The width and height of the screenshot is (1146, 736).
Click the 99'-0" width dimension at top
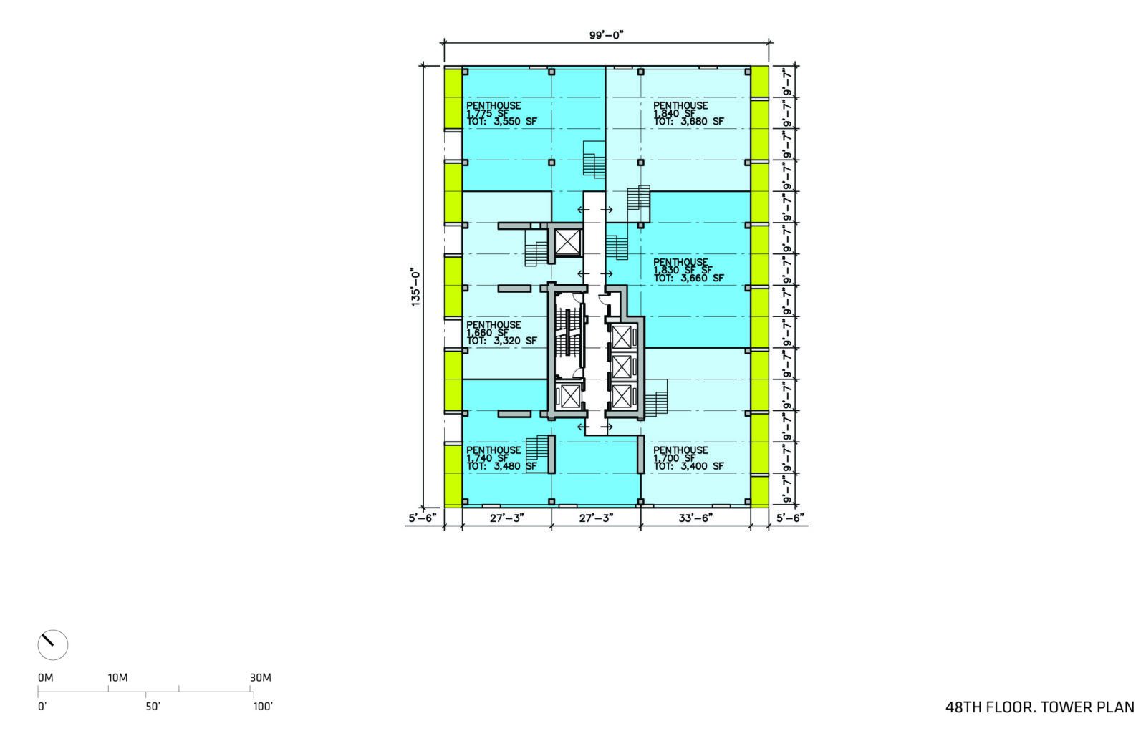point(606,35)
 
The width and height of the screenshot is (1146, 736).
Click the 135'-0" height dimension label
point(415,287)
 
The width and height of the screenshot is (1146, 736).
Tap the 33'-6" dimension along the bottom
point(695,518)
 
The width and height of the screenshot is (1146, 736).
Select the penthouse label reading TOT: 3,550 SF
point(502,122)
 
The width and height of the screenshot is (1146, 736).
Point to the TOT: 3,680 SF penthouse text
point(688,122)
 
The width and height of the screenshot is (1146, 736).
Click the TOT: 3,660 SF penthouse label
point(688,279)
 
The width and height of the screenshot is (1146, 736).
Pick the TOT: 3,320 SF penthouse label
point(502,341)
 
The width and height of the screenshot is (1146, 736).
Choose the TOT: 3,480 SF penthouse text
point(502,467)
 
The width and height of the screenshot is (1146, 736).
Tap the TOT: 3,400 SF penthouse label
point(688,467)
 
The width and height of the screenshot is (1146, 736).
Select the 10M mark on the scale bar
point(117,678)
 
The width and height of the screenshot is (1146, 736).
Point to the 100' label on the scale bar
point(263,707)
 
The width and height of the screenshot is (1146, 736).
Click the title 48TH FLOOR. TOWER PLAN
point(1039,708)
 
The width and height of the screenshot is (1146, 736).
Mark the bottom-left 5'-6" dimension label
point(423,518)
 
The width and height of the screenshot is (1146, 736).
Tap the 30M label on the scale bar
point(261,678)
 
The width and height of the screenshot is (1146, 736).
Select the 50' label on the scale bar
point(153,707)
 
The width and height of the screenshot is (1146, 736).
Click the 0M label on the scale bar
point(46,678)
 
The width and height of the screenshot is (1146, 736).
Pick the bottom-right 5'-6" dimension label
point(790,518)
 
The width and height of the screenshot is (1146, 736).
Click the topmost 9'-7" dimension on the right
point(787,82)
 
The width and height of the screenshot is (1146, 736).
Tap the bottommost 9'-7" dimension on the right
point(787,490)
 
